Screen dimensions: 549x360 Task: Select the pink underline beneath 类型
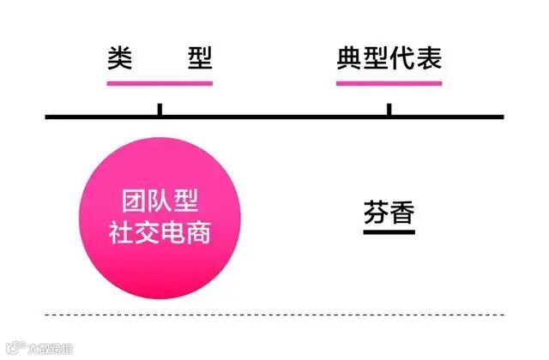tap(160, 83)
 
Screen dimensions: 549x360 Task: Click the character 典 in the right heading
tap(349, 57)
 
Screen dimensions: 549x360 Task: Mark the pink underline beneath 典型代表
tap(389, 83)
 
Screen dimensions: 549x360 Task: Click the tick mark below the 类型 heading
tap(160, 110)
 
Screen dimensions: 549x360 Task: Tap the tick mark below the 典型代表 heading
tap(389, 110)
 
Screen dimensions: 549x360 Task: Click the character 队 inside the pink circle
tap(160, 203)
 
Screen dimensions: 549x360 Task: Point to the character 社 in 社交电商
tap(120, 231)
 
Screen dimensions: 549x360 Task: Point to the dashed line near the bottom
tap(274, 313)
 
